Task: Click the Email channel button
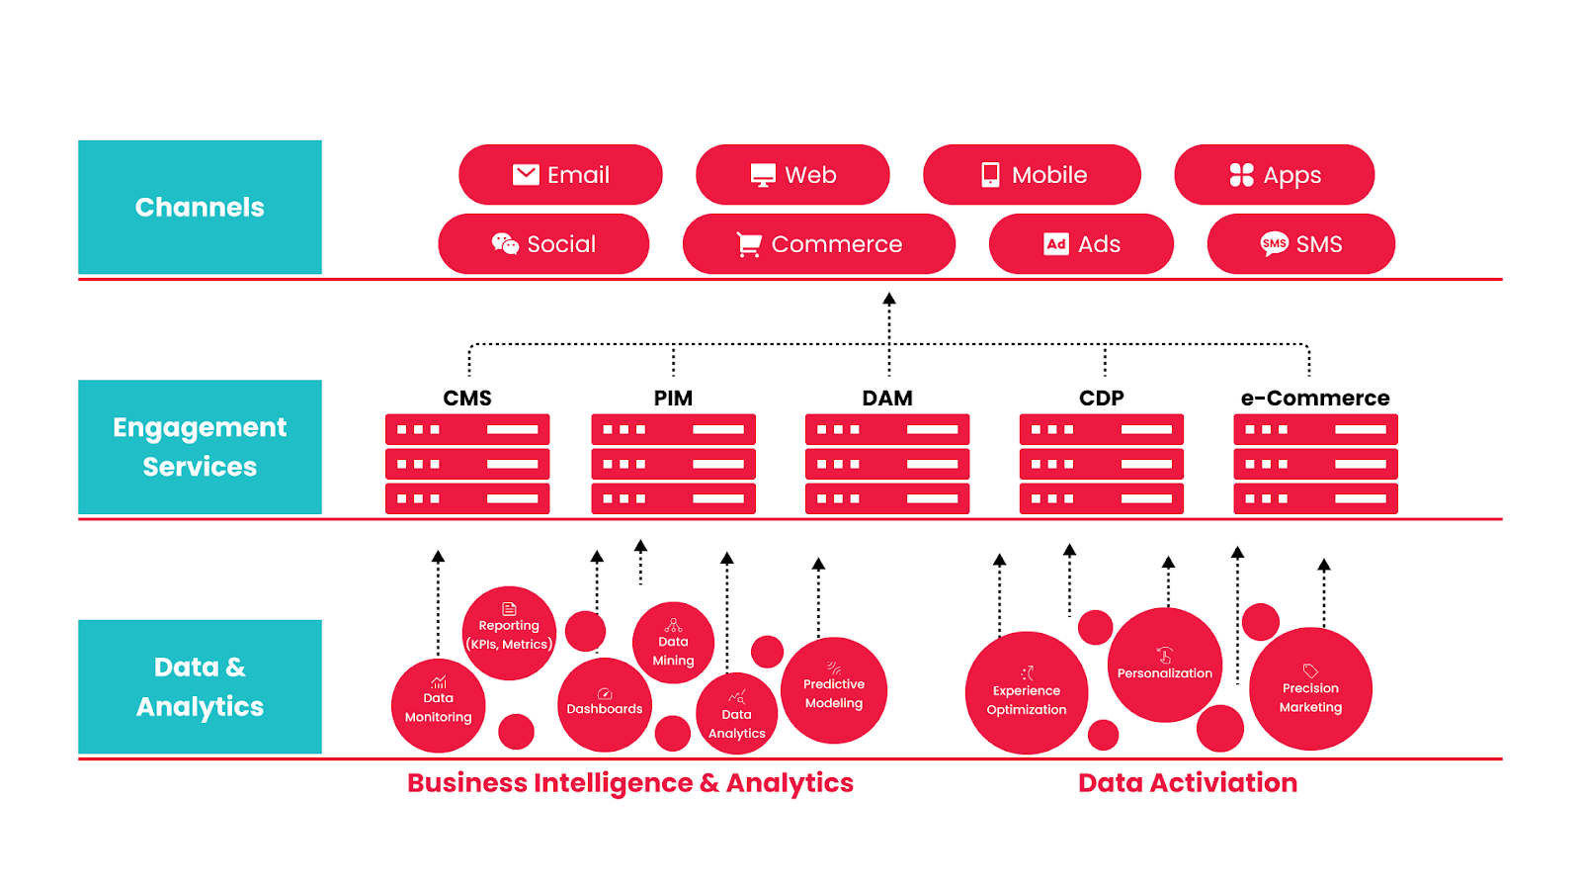click(560, 175)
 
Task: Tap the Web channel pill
click(792, 175)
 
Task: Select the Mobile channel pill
click(1032, 175)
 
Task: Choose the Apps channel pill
click(1274, 175)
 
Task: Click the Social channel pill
click(543, 244)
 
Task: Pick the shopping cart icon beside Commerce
click(749, 244)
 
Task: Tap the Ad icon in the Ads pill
click(1056, 244)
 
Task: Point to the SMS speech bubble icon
click(1274, 243)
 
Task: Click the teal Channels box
click(200, 207)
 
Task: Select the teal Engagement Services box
click(200, 447)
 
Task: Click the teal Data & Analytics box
click(200, 686)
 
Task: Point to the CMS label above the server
click(467, 398)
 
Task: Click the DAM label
click(887, 398)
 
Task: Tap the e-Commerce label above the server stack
click(1315, 398)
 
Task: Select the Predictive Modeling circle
click(834, 690)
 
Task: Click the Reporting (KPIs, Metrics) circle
click(509, 633)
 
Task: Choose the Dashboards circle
click(605, 705)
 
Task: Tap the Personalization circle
click(1165, 665)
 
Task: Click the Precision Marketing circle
click(1310, 689)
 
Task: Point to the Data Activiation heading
click(1188, 782)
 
